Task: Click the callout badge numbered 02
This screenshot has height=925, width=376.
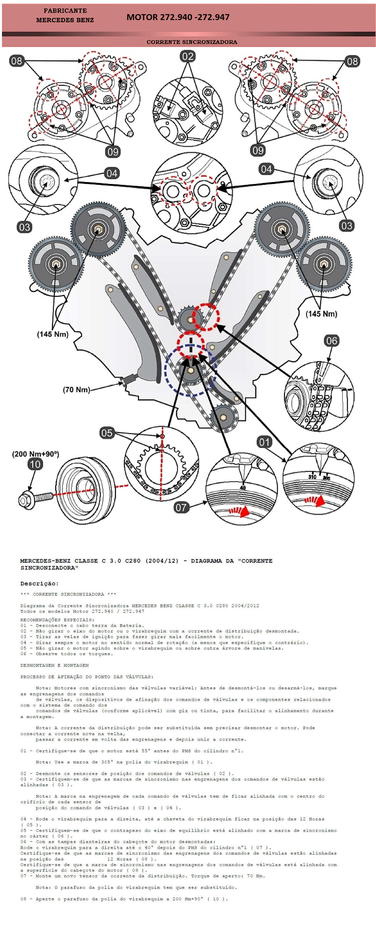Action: [188, 56]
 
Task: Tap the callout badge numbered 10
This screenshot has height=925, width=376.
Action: [35, 464]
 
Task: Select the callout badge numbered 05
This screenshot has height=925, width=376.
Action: [106, 433]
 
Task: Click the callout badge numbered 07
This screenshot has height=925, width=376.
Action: [181, 507]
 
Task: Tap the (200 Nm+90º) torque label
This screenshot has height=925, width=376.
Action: [35, 454]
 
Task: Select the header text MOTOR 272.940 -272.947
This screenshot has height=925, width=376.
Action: [178, 17]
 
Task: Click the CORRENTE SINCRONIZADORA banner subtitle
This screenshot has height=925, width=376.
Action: [192, 42]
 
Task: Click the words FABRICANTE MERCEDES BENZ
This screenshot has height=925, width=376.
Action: [65, 15]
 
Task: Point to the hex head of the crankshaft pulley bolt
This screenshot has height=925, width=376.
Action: [25, 500]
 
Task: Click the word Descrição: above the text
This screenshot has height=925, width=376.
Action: [39, 583]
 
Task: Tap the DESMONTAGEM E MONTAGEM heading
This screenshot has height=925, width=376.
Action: [54, 665]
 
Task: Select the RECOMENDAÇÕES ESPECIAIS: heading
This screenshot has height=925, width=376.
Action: [57, 620]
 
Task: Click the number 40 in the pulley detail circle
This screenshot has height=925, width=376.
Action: [243, 488]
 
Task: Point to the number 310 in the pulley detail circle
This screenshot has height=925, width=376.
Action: [312, 477]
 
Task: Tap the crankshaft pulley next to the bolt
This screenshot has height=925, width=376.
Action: [86, 490]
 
